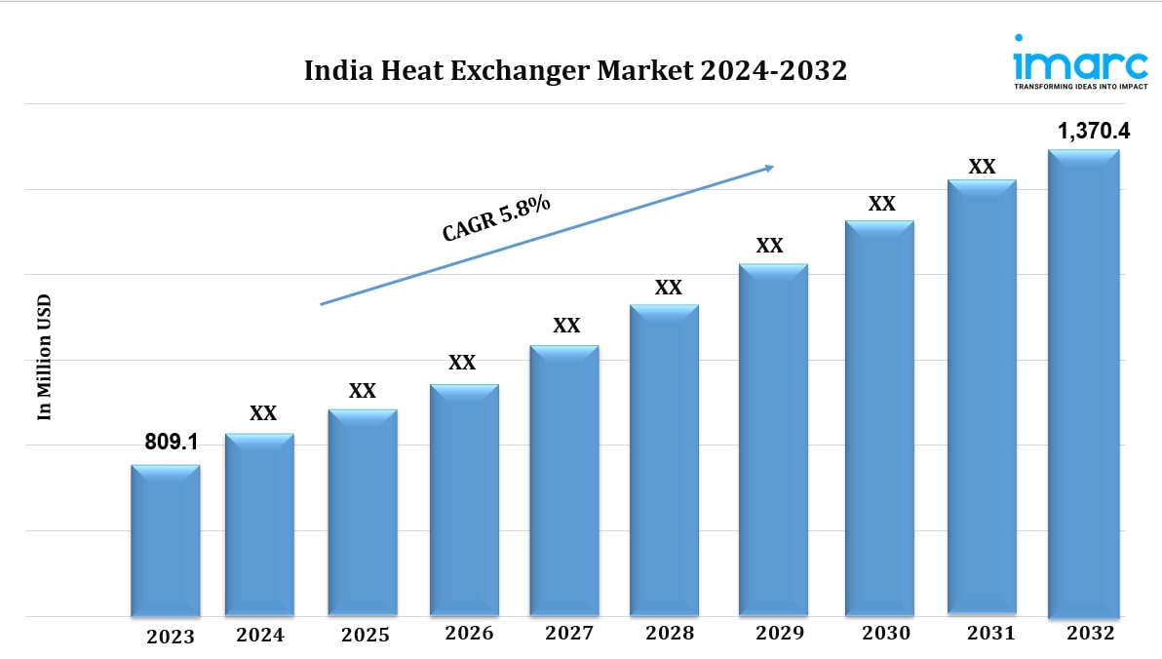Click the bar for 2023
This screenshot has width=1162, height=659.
[x=166, y=540]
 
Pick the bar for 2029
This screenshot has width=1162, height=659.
[x=773, y=440]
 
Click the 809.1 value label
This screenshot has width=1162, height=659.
[x=172, y=443]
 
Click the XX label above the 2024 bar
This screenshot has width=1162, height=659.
[x=263, y=413]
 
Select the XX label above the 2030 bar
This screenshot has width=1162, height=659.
[x=881, y=204]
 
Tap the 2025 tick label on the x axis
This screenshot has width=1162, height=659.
[x=366, y=635]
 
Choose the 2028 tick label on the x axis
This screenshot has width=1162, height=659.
[x=670, y=634]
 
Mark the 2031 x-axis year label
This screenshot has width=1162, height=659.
[x=990, y=634]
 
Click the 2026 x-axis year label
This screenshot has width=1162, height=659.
[x=469, y=634]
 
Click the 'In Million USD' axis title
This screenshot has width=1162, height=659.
[x=44, y=358]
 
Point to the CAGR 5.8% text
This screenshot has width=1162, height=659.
[x=496, y=217]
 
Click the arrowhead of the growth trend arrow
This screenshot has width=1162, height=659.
[x=768, y=168]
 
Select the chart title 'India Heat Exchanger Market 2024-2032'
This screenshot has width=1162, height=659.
[x=575, y=71]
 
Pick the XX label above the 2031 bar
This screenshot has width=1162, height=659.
[x=982, y=167]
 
